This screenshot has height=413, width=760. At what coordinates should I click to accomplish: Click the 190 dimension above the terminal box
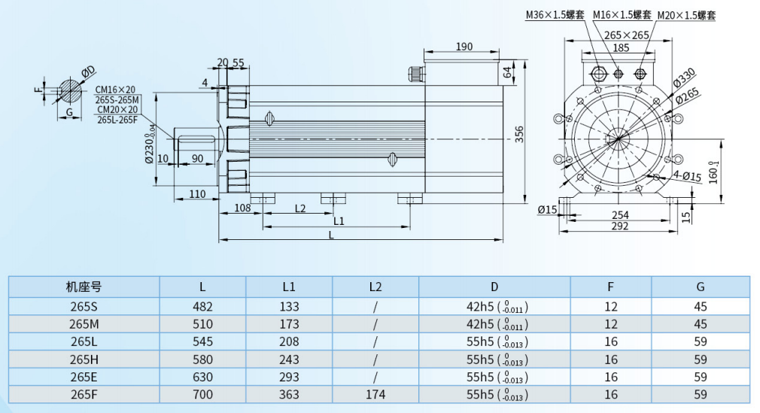(464, 47)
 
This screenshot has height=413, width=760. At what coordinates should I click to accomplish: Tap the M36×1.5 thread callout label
(555, 14)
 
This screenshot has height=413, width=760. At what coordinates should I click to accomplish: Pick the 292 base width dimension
(619, 226)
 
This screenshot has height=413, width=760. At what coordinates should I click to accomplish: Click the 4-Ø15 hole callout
(686, 176)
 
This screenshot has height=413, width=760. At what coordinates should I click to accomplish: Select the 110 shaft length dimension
(197, 194)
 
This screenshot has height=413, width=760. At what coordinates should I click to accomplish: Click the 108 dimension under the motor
(242, 208)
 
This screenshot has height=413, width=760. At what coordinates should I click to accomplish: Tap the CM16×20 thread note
(115, 90)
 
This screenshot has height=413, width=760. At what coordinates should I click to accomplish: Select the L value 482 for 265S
(203, 306)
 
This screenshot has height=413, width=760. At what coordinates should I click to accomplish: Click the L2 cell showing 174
(375, 394)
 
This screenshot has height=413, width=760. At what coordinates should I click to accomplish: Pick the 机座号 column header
(84, 287)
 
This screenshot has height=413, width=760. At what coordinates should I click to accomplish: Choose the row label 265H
(84, 359)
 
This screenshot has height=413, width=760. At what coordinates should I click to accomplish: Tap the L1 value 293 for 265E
(289, 377)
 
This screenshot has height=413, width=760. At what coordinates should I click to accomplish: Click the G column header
(701, 287)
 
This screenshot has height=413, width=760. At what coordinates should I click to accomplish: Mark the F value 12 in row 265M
(610, 323)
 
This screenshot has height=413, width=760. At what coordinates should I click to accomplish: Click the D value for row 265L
(494, 342)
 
